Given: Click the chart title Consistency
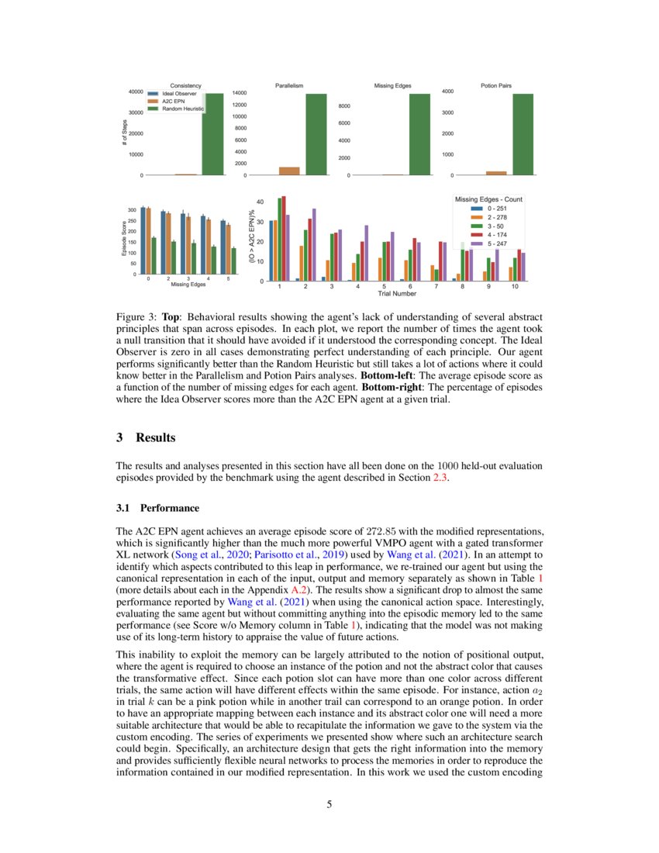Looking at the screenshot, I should (x=185, y=85).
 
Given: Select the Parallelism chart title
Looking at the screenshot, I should (x=289, y=85).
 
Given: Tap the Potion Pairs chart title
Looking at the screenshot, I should (x=495, y=85).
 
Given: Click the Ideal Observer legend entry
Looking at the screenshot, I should (x=174, y=93).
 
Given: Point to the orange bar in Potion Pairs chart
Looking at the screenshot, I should (x=495, y=173).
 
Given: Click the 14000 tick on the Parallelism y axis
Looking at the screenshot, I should (x=240, y=92).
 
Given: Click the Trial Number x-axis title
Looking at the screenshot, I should (x=397, y=294).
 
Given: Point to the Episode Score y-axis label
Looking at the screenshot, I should (x=122, y=240).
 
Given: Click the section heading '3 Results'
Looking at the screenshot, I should (x=146, y=437).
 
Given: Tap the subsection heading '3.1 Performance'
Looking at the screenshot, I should (x=157, y=509).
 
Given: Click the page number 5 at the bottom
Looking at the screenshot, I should (x=329, y=804).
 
